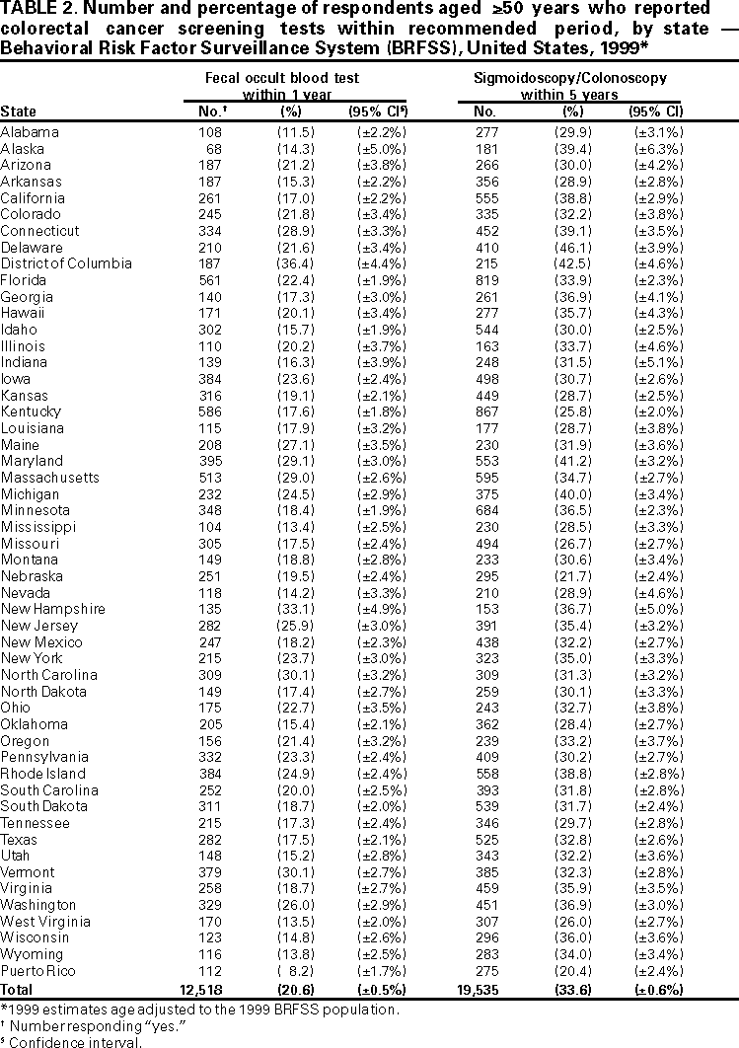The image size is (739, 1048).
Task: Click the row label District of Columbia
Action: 66,263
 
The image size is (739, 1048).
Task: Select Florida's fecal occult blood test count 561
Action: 213,280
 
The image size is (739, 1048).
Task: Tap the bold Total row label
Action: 17,988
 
